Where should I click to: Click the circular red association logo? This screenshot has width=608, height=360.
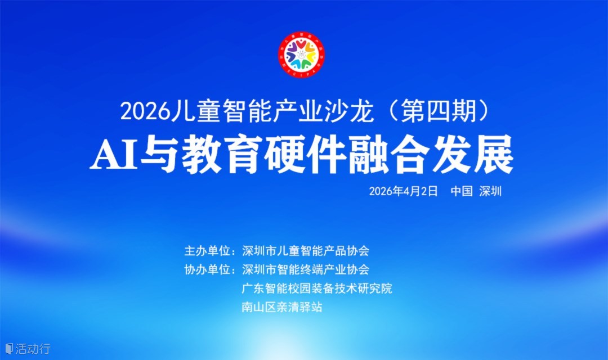[x=301, y=54]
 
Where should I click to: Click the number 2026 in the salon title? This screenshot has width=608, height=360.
[x=145, y=111]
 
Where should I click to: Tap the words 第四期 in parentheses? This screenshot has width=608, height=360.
[x=438, y=111]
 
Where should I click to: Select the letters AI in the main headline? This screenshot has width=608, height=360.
[x=114, y=156]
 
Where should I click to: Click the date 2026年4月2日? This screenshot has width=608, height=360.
[x=403, y=191]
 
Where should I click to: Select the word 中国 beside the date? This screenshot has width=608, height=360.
[x=462, y=191]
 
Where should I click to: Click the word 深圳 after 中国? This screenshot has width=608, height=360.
[x=490, y=191]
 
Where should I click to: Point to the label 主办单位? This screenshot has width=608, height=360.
[x=207, y=251]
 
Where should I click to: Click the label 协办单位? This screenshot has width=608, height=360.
[x=207, y=269]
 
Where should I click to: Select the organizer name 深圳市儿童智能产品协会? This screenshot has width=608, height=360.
[x=306, y=251]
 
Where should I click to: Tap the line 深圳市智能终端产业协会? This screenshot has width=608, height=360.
[x=306, y=269]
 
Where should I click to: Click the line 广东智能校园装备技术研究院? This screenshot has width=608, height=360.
[x=317, y=289]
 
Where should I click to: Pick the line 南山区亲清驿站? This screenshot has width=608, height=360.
[x=282, y=307]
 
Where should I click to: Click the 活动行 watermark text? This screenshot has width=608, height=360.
[x=33, y=349]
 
